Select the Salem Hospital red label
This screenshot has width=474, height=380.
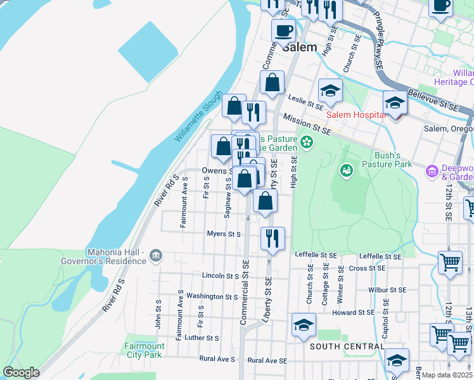356,115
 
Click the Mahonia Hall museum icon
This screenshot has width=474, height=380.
156,256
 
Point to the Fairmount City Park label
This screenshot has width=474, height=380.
144,350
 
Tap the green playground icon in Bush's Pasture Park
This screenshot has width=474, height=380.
346,170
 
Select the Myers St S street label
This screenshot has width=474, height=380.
224,234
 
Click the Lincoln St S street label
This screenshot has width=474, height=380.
220,276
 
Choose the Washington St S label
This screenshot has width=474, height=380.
212,296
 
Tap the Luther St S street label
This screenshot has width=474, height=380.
202,338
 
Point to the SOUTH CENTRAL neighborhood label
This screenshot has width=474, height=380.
347,346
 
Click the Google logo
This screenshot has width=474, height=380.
21,372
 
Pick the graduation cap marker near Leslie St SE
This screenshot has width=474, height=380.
330,91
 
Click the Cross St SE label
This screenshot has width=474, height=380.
368,269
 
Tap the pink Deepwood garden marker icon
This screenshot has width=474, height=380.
433,171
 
